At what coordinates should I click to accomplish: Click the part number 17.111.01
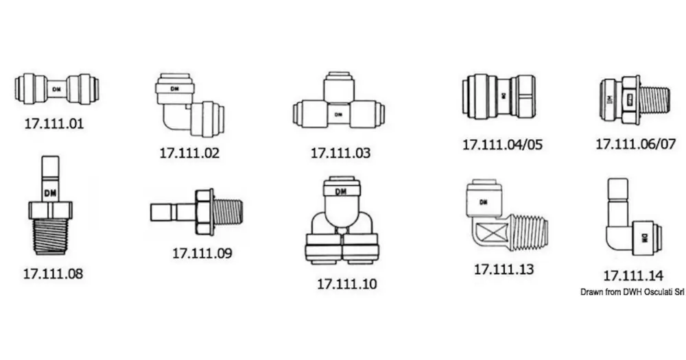(x=54, y=123)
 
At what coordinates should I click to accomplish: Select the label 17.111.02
(x=189, y=153)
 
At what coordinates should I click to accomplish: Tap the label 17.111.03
(x=340, y=153)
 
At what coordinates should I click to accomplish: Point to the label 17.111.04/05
(x=502, y=145)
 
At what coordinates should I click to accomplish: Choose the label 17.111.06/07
(x=636, y=143)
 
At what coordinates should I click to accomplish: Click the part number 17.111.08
(x=53, y=274)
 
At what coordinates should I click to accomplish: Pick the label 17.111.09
(x=202, y=253)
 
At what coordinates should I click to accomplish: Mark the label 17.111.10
(x=346, y=284)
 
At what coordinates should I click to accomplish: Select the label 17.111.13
(x=504, y=269)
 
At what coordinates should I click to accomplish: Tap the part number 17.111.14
(x=633, y=276)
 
